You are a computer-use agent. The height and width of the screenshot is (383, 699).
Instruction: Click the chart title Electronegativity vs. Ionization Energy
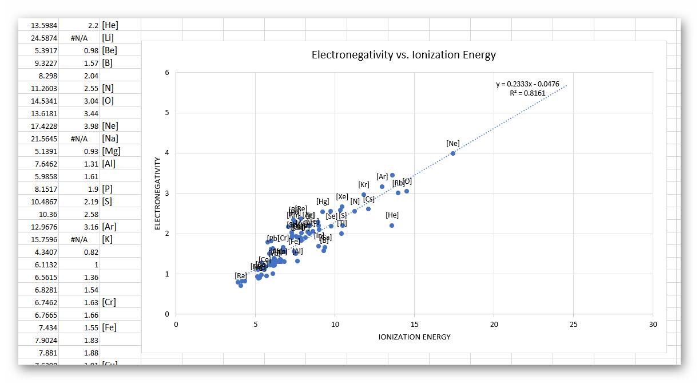[x=403, y=56]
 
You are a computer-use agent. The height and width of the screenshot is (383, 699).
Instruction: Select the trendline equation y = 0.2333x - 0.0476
[x=527, y=84]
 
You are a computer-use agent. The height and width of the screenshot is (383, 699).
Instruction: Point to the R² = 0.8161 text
[x=527, y=93]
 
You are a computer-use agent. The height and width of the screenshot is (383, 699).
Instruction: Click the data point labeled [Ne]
[x=453, y=153]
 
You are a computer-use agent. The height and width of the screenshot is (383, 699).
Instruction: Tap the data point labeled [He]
[x=392, y=226]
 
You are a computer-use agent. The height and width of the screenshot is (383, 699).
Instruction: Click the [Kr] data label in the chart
[x=364, y=185]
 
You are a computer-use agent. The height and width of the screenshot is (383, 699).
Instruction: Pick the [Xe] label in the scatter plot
[x=342, y=197]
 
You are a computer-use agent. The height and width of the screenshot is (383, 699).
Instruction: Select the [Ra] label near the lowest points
[x=241, y=276]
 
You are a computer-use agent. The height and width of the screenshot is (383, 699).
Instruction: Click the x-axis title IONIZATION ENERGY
[x=414, y=337]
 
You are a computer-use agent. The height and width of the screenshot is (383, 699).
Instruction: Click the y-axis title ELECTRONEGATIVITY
[x=157, y=194]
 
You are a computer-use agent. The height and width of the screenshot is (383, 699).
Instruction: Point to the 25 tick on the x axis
[x=573, y=324]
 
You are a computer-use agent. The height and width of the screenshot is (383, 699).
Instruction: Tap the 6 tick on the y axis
[x=166, y=73]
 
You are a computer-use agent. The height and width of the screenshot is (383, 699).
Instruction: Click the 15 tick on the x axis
[x=414, y=324]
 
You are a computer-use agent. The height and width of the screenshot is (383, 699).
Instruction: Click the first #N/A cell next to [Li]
[x=79, y=38]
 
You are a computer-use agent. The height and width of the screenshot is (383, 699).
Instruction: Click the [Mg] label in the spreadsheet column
[x=111, y=151]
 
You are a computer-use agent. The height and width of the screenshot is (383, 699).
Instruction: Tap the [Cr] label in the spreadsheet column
[x=109, y=302]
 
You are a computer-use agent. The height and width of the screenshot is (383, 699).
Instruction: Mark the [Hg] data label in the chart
[x=323, y=202]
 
